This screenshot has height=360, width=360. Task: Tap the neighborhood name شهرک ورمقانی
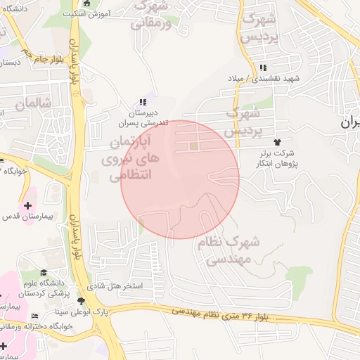click(x=151, y=14)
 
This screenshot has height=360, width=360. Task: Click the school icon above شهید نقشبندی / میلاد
click(x=263, y=67)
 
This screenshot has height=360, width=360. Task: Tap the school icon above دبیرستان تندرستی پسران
click(x=143, y=102)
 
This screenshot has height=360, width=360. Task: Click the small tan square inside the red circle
click(x=193, y=146)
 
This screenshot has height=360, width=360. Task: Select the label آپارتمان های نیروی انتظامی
click(x=133, y=159)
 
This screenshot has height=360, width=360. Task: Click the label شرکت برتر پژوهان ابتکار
click(x=275, y=157)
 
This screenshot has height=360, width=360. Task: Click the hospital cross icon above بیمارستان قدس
click(x=27, y=205)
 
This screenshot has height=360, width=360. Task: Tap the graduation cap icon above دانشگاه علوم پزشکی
click(x=44, y=273)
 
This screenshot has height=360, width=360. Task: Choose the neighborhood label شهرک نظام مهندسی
click(x=233, y=250)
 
